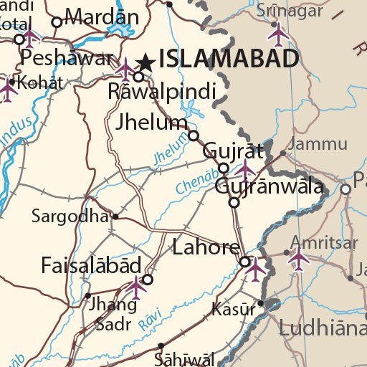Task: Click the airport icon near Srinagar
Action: point(278,33)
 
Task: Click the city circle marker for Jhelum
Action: point(194,135)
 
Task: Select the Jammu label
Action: point(320,144)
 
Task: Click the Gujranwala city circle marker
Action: point(234,203)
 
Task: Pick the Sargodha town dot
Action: point(115,216)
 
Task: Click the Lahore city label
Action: point(206,248)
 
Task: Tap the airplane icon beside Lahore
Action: point(256,267)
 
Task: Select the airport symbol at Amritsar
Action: point(298,257)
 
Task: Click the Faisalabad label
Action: point(90,266)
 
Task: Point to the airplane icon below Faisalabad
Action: point(136,287)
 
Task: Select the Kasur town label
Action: point(234,310)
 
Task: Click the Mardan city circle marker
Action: point(57,22)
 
